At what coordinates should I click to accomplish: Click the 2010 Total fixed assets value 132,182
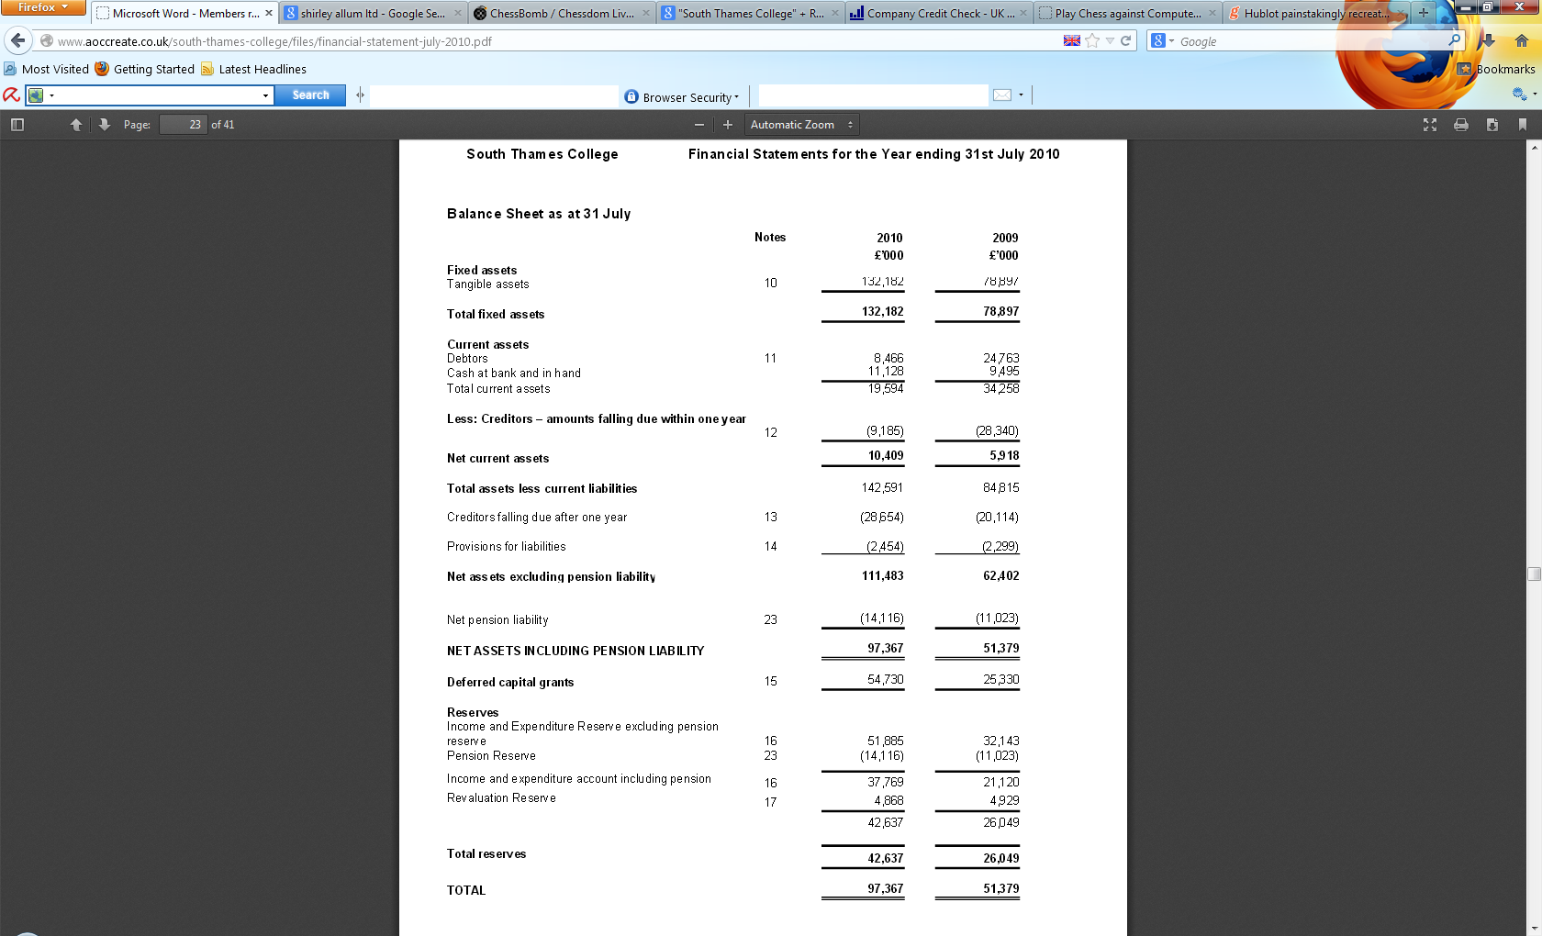tap(882, 312)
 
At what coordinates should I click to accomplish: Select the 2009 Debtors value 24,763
tap(1000, 358)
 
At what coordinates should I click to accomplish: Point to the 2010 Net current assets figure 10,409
tap(886, 456)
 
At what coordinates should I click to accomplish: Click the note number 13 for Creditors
tap(770, 518)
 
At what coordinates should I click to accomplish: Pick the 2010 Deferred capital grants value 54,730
tap(885, 680)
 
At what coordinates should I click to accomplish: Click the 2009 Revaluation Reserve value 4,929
tap(1003, 801)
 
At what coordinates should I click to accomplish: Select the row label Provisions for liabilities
tap(506, 547)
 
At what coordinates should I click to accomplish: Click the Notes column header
tap(769, 238)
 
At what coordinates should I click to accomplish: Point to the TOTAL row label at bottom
tap(466, 890)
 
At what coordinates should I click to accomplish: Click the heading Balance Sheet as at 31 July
tap(538, 214)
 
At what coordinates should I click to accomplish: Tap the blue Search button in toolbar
tap(310, 95)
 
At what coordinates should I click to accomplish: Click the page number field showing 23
tap(184, 125)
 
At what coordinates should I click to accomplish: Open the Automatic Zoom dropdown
tap(800, 125)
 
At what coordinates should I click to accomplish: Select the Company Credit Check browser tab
tap(938, 14)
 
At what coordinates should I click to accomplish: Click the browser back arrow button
tap(18, 41)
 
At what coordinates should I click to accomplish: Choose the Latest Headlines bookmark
tap(262, 70)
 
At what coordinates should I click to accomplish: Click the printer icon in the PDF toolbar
tap(1460, 125)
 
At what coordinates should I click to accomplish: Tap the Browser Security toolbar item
tap(682, 97)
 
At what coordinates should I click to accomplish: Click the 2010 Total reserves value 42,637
tap(885, 859)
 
